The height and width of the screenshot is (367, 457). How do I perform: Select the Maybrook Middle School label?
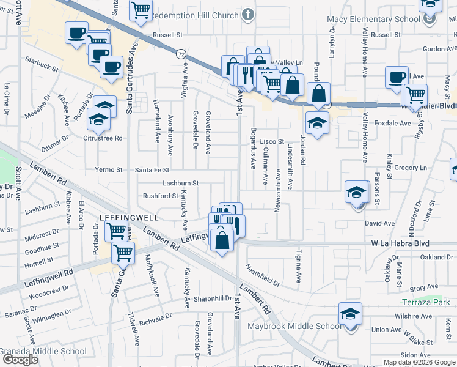tap(294, 326)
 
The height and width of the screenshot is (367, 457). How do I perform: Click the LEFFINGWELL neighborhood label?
tap(129, 218)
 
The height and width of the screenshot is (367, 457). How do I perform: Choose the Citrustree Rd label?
tap(103, 138)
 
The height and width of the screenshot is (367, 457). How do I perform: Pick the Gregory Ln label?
tap(410, 168)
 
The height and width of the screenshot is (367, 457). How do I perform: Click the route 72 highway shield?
tap(180, 54)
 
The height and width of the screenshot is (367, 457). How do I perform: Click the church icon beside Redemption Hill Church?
tap(248, 15)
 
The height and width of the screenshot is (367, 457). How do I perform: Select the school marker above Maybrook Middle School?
tap(351, 315)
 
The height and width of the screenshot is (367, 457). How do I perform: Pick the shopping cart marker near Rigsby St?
tap(415, 95)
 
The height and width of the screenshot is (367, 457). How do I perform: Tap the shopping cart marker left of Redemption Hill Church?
tap(141, 10)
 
